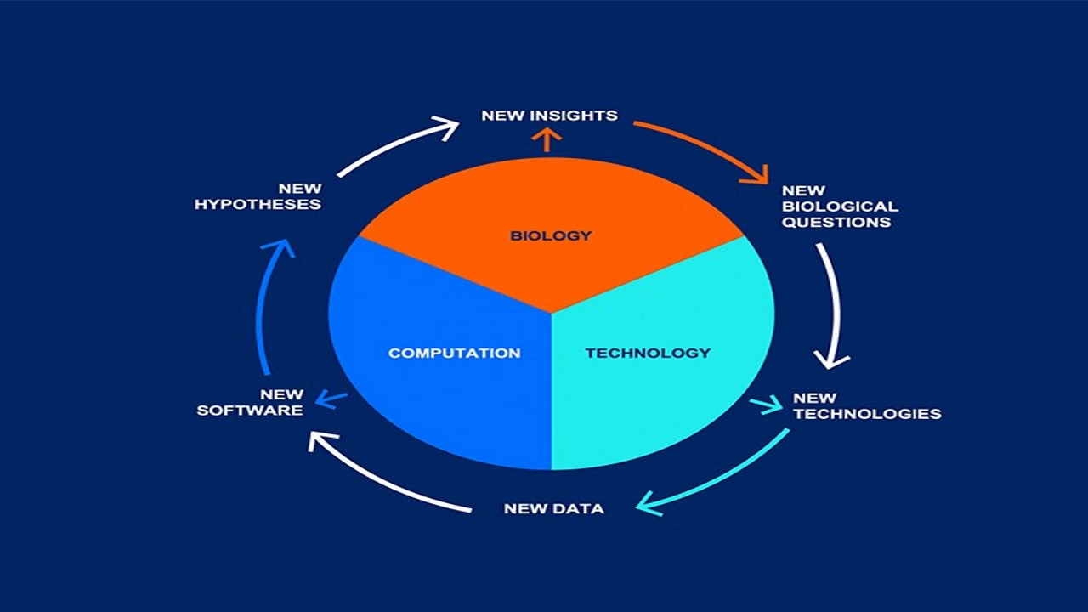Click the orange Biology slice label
coord(550,235)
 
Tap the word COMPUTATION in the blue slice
coord(454,353)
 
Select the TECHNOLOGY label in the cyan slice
coord(648,353)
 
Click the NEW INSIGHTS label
coord(549,116)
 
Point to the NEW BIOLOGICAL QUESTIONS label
coord(839,207)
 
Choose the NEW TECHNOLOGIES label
coord(866,406)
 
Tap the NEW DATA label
coord(553,509)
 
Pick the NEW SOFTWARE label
coord(250,402)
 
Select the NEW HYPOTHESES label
coord(258,196)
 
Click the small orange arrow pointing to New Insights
coord(547,140)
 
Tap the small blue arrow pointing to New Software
coord(331,399)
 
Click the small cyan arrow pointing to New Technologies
coord(767,405)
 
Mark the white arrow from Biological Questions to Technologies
coord(834,306)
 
